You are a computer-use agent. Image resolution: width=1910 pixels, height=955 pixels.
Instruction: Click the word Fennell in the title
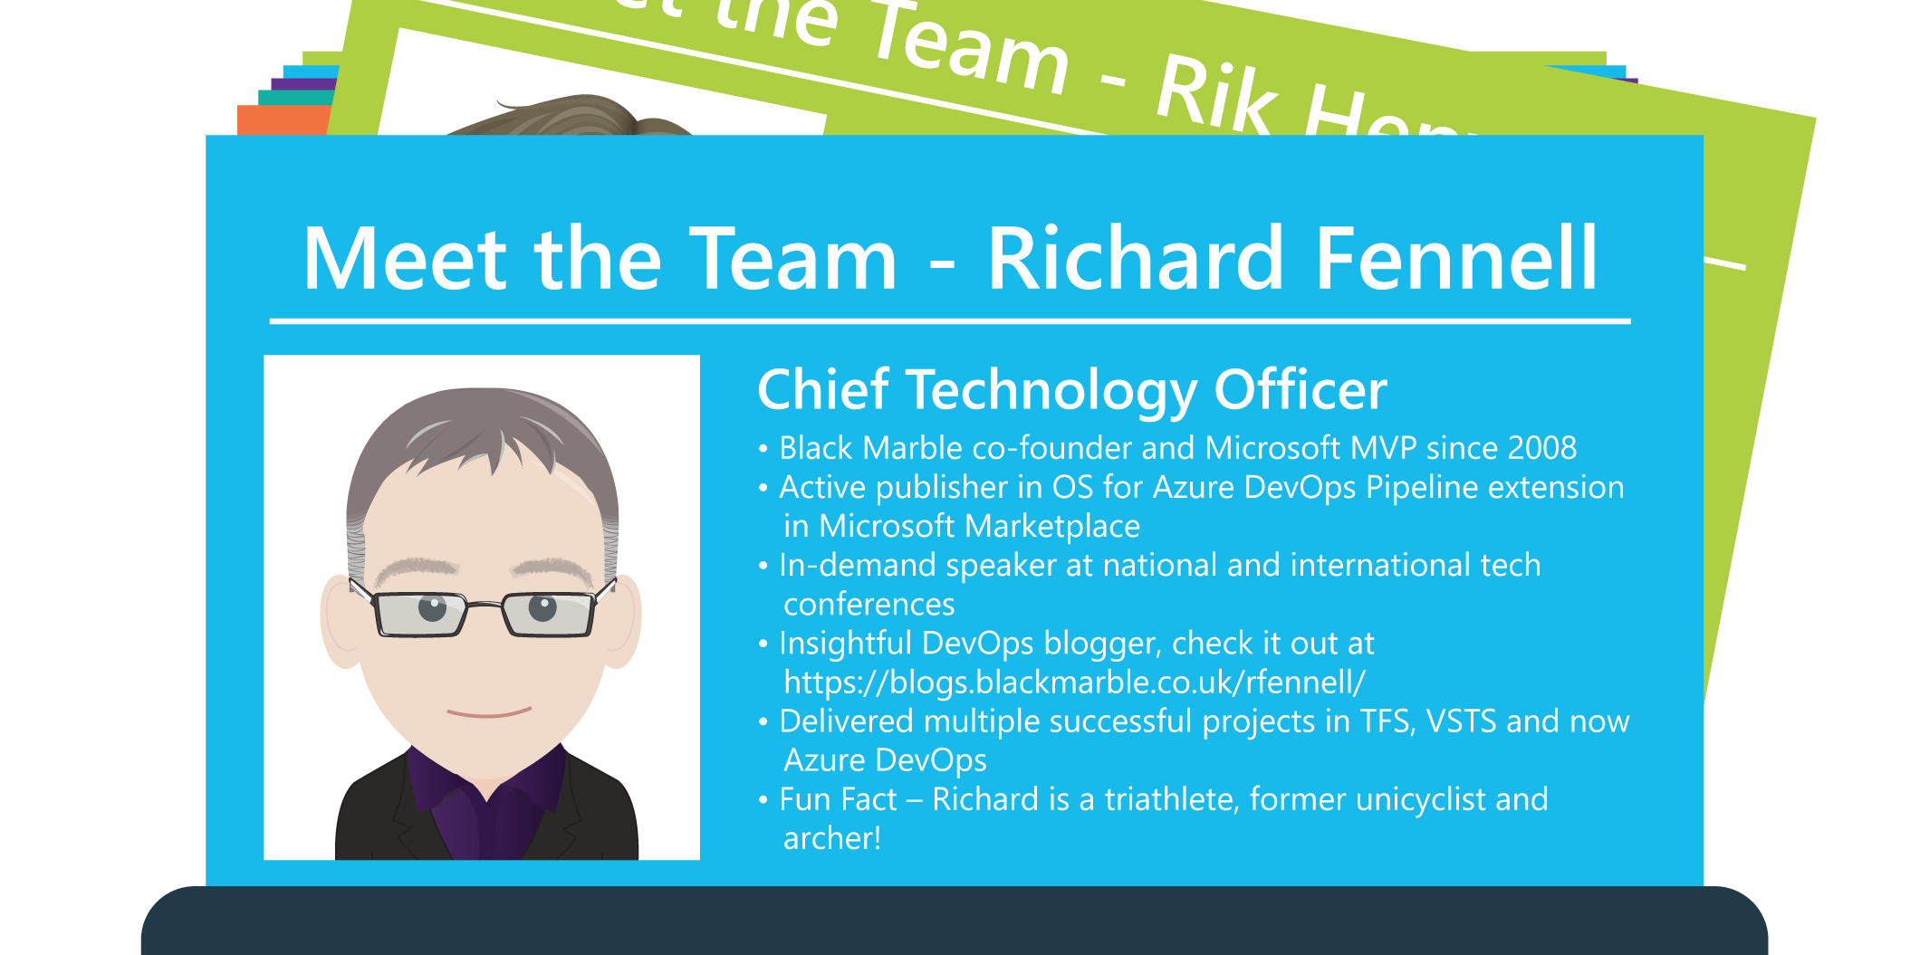point(1456,260)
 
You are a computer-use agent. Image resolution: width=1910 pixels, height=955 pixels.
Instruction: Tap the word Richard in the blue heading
point(1136,260)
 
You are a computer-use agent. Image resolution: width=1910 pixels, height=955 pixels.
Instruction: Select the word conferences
point(869,604)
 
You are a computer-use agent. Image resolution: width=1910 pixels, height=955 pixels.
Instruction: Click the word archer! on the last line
point(831,838)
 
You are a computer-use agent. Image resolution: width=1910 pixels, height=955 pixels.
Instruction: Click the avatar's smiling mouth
point(489,712)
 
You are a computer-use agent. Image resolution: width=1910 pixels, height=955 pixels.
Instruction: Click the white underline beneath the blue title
point(949,320)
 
